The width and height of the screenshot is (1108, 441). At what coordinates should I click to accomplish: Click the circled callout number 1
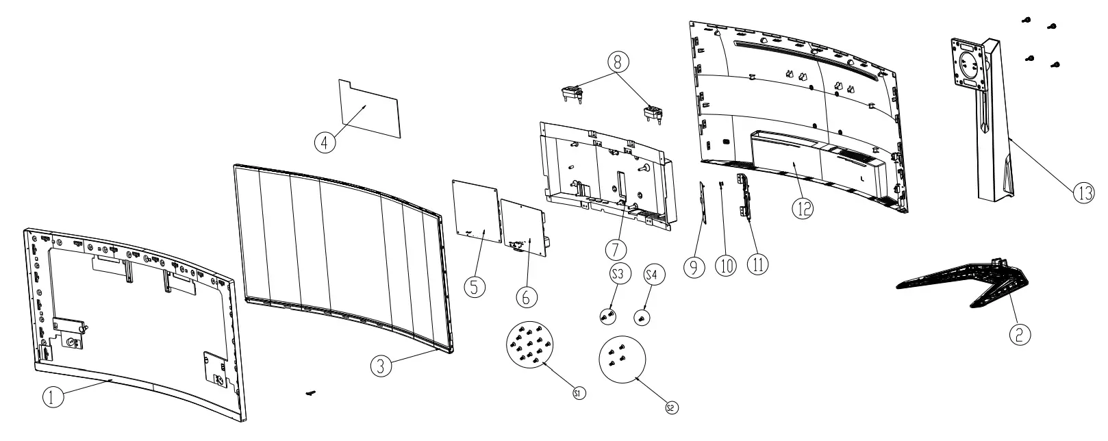tap(53, 398)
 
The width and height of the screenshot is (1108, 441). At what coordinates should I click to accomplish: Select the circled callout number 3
tap(382, 366)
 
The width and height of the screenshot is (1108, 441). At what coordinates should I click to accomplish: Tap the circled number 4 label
tap(325, 142)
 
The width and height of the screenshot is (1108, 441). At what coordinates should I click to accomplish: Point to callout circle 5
tap(474, 286)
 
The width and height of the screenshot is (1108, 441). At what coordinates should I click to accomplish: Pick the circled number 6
tap(526, 297)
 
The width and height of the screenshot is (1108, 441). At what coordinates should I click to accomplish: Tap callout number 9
tap(694, 266)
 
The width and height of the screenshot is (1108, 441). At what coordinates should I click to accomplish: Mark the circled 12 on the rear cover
tap(803, 207)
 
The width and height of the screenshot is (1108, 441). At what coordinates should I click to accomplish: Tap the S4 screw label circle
tap(654, 275)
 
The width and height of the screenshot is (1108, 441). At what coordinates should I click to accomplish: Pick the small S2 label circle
tap(671, 408)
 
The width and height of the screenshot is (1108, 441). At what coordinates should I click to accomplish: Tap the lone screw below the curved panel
tap(312, 393)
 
